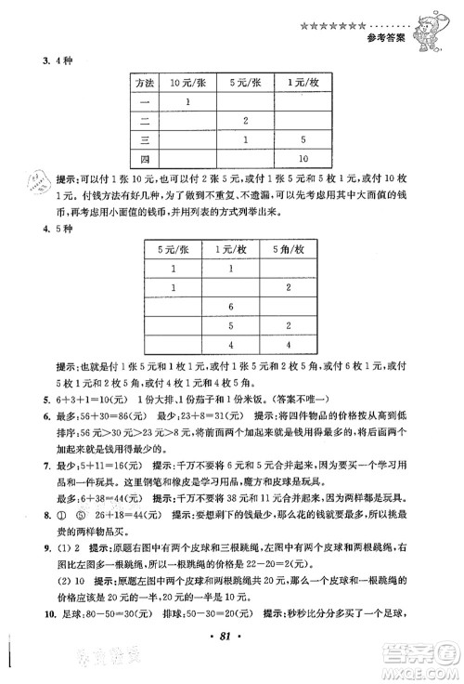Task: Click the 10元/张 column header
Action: pyautogui.click(x=188, y=84)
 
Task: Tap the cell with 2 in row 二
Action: pyautogui.click(x=245, y=121)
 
